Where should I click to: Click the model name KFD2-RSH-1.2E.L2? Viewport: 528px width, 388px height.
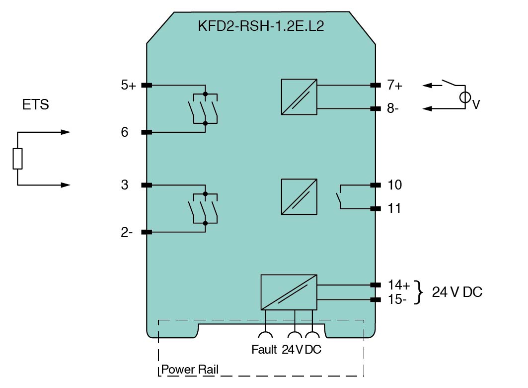pos(261,26)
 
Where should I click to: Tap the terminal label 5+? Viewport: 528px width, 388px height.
pos(128,86)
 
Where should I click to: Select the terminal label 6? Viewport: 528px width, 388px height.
pos(124,132)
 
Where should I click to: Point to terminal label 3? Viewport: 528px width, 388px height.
pos(124,185)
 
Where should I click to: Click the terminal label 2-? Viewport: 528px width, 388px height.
pos(127,232)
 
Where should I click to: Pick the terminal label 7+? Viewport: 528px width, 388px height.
pos(395,86)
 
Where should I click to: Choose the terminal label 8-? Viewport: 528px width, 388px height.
pos(393,108)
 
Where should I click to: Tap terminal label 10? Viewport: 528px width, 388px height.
pos(395,185)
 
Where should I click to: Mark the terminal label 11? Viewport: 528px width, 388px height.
pos(394,208)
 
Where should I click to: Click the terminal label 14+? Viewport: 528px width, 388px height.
pos(398,285)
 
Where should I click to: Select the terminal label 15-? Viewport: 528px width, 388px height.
pos(397,300)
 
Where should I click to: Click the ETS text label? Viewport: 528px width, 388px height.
pos(35,105)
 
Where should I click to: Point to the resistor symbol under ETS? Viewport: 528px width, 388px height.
pos(17,159)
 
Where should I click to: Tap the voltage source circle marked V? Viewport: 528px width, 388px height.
pos(465,98)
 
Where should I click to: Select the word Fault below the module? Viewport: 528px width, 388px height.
pos(264,350)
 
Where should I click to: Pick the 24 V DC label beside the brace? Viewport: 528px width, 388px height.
pos(457,292)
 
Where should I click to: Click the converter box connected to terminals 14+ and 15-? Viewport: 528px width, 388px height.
pos(289,292)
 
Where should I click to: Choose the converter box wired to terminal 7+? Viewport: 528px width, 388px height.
pos(299,97)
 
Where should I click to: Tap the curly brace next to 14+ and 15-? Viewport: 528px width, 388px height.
pos(421,292)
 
